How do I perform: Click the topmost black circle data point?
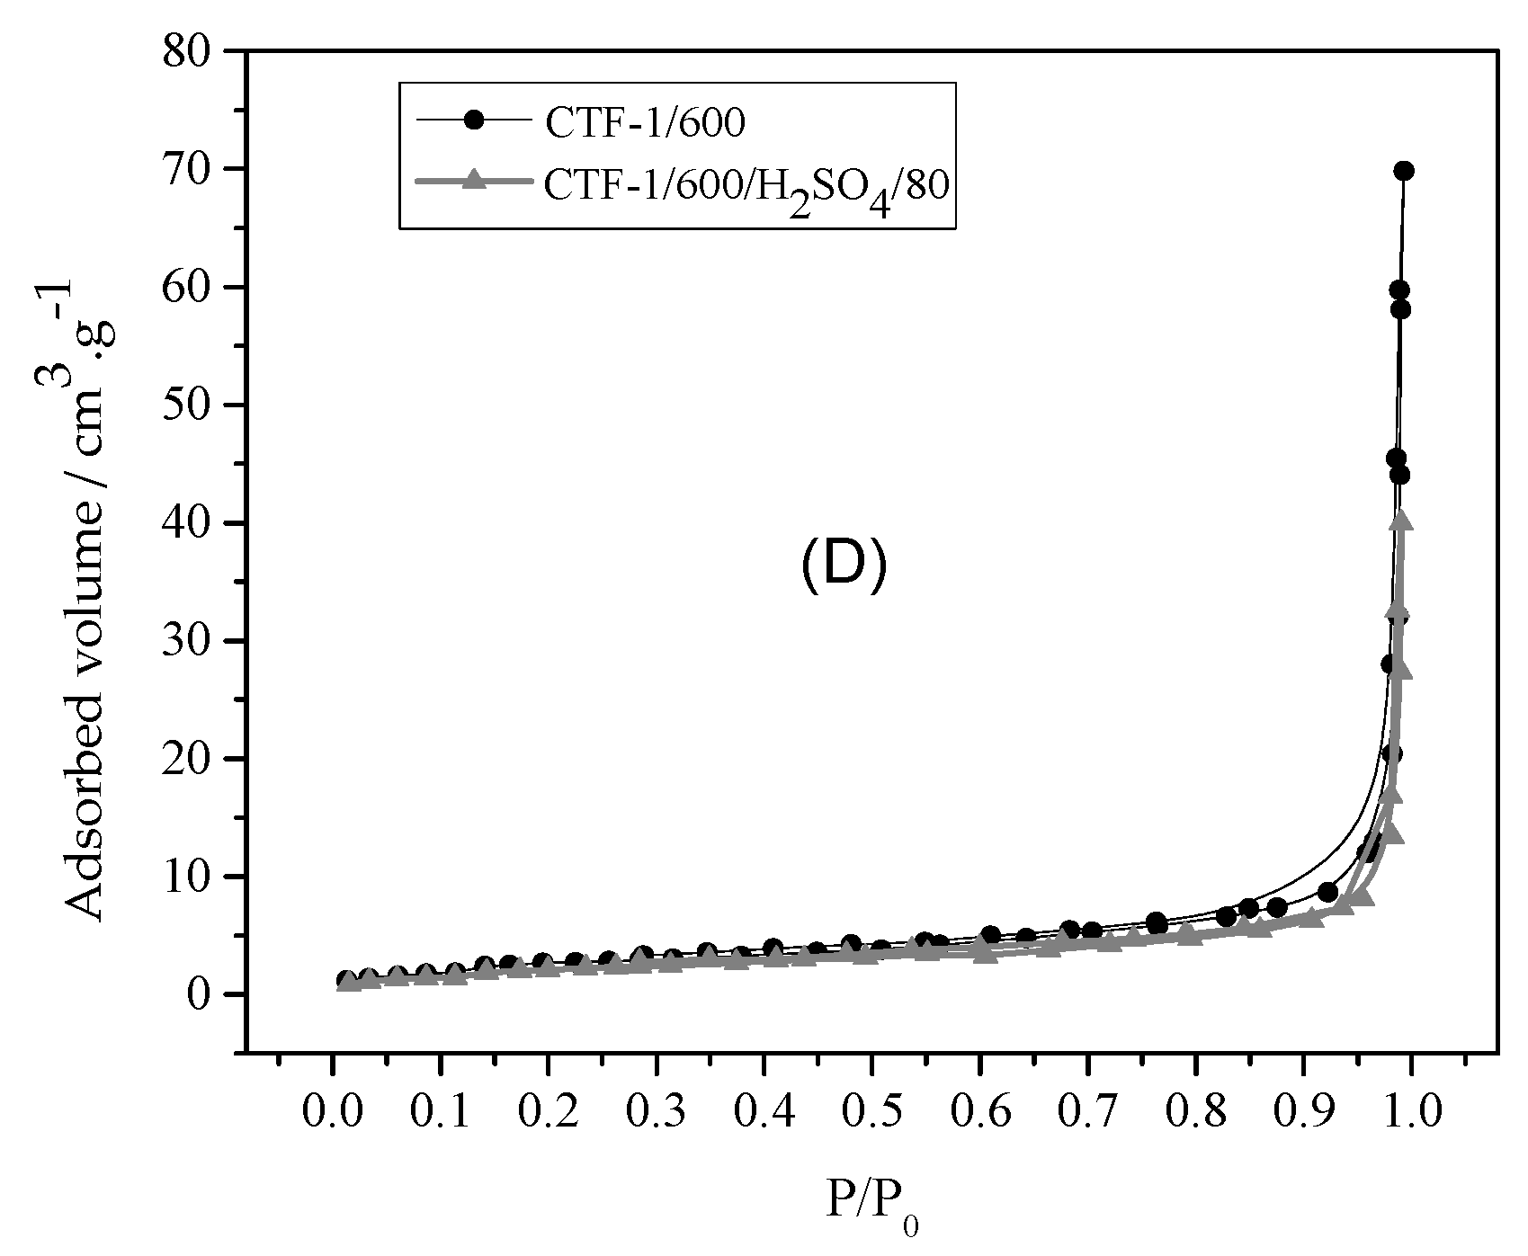[x=1404, y=171]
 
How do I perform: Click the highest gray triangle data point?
[x=1399, y=521]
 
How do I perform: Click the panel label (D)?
[x=844, y=569]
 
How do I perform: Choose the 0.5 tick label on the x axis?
[x=871, y=1112]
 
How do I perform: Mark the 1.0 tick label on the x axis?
[x=1411, y=1112]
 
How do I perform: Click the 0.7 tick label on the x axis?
[x=1087, y=1112]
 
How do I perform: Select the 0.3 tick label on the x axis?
[x=656, y=1112]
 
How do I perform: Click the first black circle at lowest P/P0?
[x=345, y=980]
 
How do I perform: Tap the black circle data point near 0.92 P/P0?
[x=1327, y=893]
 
